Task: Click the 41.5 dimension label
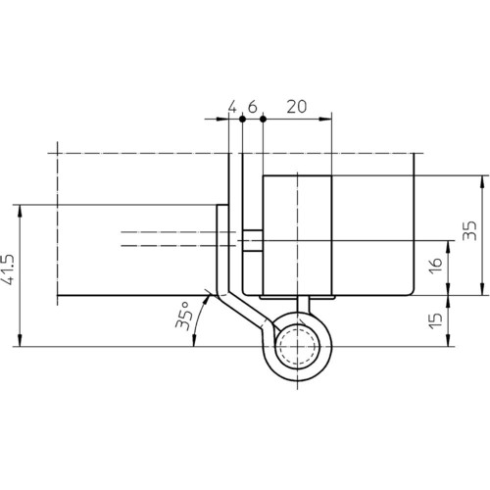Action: point(9,269)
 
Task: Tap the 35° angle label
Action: point(184,316)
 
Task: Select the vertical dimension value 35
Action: point(470,230)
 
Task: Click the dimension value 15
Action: point(436,320)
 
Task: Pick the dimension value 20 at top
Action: point(297,107)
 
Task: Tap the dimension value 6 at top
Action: point(253,107)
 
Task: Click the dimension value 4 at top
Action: point(232,107)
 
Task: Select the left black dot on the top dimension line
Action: point(242,119)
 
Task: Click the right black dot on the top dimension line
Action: point(263,119)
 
